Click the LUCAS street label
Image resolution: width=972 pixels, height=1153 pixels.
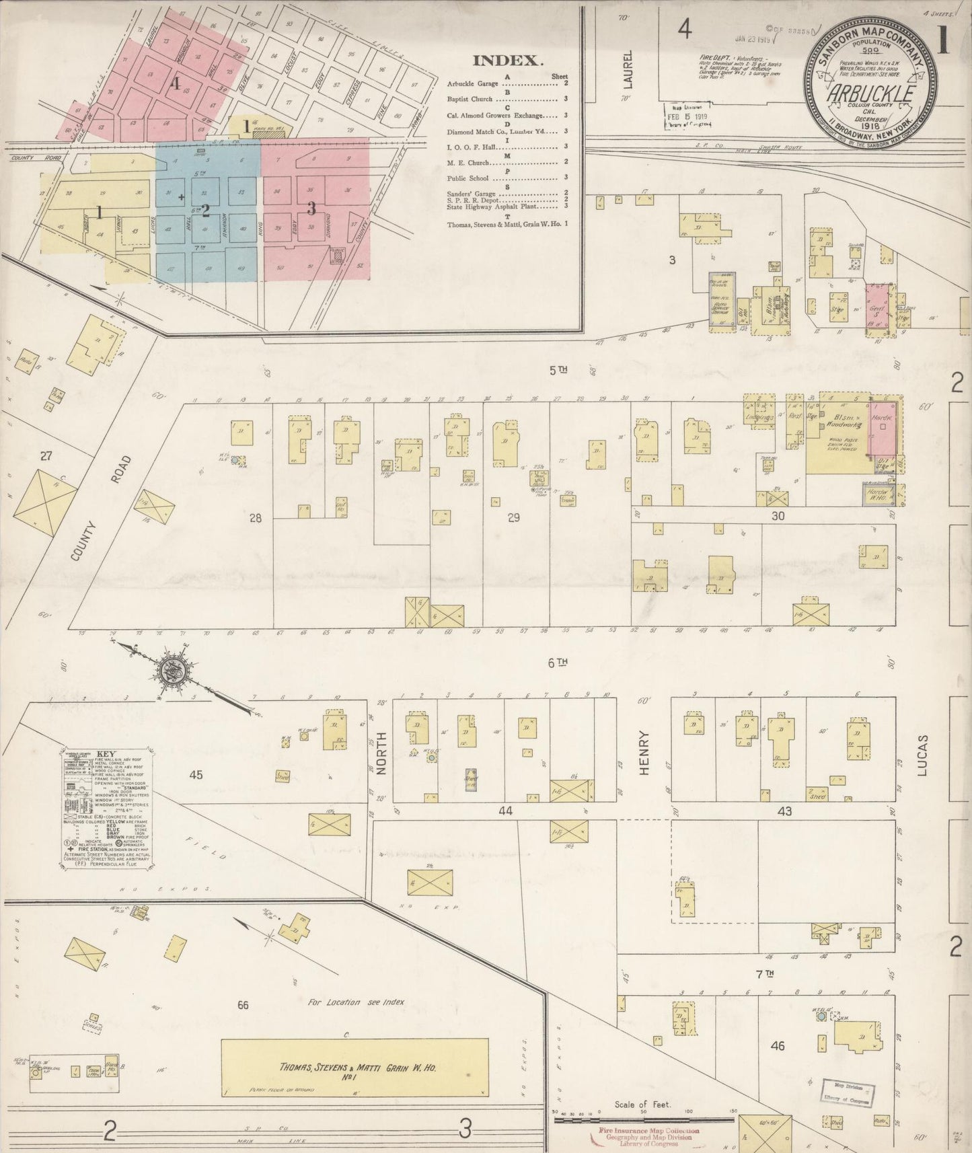click(922, 755)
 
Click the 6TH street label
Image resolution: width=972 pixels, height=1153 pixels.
click(558, 663)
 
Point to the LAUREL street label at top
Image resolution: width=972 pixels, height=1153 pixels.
click(628, 69)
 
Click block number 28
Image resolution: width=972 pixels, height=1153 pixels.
click(255, 517)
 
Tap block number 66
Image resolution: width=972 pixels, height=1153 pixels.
click(243, 1005)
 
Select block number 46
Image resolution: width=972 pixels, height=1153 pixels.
click(778, 1046)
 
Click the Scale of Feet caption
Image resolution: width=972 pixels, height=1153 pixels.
click(642, 1105)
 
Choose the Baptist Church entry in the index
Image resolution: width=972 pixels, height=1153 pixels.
click(471, 99)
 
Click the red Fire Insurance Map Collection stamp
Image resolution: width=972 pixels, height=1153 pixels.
click(649, 1137)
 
